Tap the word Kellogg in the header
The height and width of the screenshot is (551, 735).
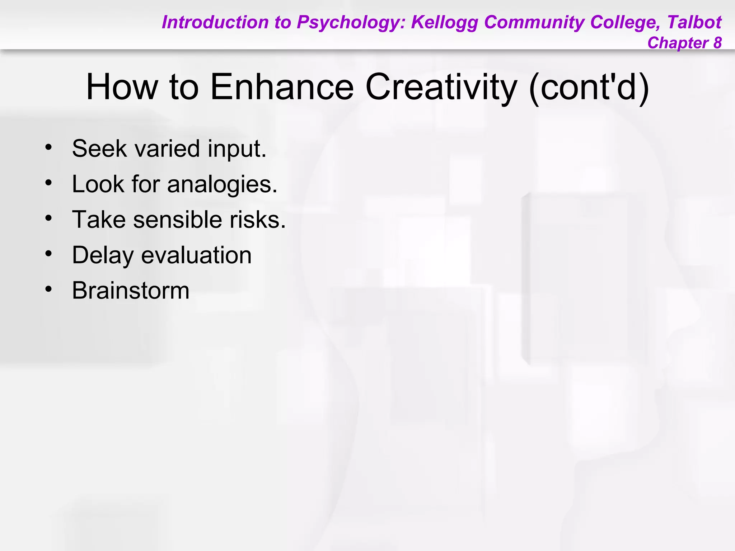(x=445, y=22)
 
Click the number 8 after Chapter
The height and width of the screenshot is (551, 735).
(x=717, y=43)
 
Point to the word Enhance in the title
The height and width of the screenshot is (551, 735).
(x=282, y=87)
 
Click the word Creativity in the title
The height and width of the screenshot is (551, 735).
(x=441, y=87)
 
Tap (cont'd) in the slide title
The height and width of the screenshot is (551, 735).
(x=589, y=87)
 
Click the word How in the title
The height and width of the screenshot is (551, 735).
(x=122, y=87)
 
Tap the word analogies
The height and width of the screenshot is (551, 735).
(x=222, y=184)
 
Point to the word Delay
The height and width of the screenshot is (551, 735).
(x=103, y=255)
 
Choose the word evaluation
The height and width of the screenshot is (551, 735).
(x=196, y=255)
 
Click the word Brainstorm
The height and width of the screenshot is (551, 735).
(x=131, y=291)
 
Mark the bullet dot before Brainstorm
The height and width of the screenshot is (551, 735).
(x=49, y=289)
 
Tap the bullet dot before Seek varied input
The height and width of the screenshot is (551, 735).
(x=49, y=147)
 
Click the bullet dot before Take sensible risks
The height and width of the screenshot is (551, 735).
(x=49, y=218)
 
